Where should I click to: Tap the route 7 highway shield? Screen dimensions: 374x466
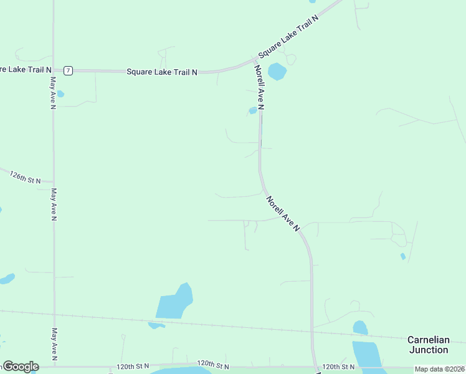point(68,71)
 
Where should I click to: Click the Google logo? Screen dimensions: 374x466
point(21,367)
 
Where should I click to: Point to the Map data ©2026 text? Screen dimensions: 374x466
point(439,369)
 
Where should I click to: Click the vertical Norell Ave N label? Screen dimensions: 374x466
point(260,88)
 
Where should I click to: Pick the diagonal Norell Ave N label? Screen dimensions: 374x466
point(283,214)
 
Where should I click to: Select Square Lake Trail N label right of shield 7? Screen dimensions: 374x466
point(162,72)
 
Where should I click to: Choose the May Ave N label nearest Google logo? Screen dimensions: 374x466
point(54,344)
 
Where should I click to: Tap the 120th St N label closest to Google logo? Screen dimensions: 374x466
point(133,367)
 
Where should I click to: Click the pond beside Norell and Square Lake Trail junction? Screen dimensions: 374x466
point(277,71)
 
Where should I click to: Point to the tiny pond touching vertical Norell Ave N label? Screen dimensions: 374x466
point(252,111)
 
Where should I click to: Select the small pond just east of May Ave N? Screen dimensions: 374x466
point(60,95)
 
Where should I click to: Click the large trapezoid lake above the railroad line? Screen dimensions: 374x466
point(175,303)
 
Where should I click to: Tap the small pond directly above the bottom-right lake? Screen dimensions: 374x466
point(360,327)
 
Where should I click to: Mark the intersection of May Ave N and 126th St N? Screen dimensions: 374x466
point(54,183)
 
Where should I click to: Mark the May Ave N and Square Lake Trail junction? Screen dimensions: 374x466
point(54,70)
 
